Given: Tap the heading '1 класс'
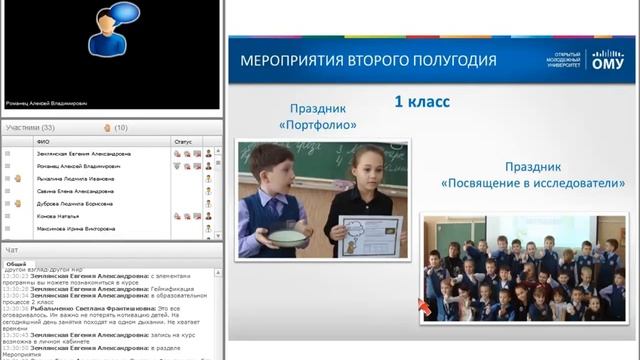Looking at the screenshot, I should coord(422,101).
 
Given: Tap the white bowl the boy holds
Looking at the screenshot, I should coord(287,239).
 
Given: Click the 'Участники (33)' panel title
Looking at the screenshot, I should coord(30,128).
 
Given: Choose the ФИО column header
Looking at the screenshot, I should coord(44,142).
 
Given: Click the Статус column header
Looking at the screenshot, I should coord(182,142).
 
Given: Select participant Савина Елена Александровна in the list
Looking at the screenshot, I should coord(75,190).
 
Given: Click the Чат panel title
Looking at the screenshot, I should coord(12,249).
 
